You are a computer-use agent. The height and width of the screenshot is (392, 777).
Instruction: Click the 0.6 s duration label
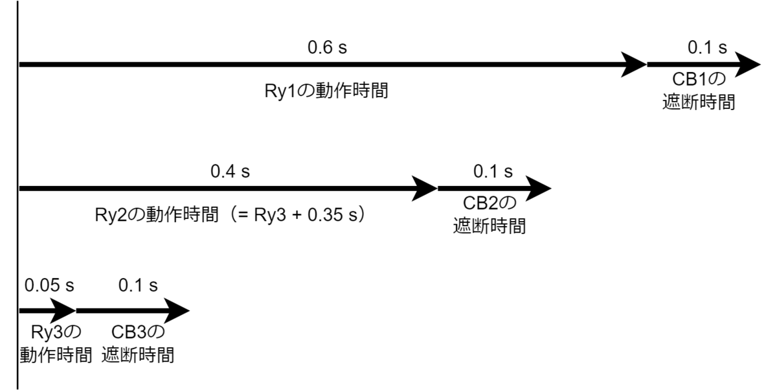tap(327, 47)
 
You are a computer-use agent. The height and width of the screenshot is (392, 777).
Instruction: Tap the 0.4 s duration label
tap(230, 171)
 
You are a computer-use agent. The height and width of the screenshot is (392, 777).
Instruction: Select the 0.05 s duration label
tap(49, 285)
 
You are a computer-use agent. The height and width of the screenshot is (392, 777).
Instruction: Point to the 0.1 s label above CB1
tap(707, 47)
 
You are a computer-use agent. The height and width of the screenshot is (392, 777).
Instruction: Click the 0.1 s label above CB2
tap(493, 171)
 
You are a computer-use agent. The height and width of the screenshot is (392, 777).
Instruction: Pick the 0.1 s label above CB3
tap(138, 285)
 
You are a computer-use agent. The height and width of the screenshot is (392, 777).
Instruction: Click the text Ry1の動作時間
tap(326, 91)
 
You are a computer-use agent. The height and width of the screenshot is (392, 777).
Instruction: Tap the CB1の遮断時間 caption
tap(699, 91)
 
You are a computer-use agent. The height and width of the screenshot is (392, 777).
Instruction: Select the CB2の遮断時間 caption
tap(490, 214)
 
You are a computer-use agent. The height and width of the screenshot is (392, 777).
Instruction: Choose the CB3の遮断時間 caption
tap(138, 343)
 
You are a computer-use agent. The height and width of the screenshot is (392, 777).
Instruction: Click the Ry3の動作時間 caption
tap(56, 343)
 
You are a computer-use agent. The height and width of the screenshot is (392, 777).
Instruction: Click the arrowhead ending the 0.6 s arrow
tap(633, 65)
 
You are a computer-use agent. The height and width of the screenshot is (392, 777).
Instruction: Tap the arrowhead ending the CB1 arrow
tap(747, 65)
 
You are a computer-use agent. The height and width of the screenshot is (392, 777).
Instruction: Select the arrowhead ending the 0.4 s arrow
tap(424, 189)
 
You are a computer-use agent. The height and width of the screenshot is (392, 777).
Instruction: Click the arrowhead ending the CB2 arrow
tap(538, 189)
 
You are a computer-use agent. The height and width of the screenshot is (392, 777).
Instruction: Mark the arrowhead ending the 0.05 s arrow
tap(63, 311)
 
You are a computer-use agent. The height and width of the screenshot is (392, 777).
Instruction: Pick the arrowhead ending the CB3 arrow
tap(177, 311)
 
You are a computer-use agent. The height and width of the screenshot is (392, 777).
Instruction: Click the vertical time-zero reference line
tap(17, 195)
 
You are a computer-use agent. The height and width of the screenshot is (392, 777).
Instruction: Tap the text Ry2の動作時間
tap(157, 215)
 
